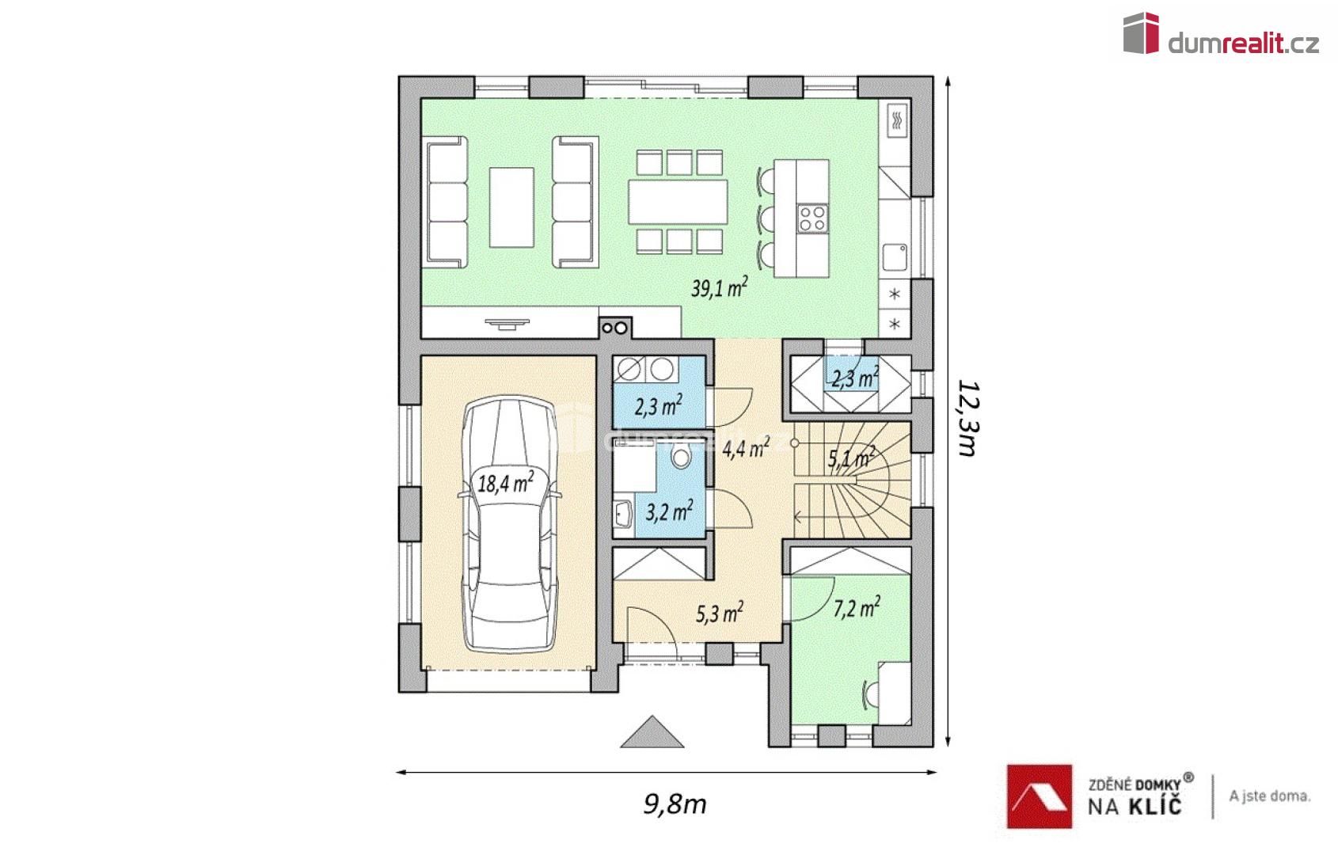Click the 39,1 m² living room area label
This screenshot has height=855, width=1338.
point(719,287)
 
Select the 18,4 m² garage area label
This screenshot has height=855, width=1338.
point(505,482)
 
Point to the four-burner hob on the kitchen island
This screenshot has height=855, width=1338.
point(812,218)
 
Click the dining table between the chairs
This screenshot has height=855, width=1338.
point(678,201)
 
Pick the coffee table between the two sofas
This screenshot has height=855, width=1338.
point(511,207)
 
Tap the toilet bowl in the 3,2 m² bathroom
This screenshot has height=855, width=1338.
point(680,457)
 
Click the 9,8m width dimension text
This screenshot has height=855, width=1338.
point(675,804)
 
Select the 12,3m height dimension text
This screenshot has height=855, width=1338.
point(967,418)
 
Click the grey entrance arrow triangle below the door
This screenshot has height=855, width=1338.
point(652,733)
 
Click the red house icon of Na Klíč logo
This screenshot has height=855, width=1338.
point(1040,796)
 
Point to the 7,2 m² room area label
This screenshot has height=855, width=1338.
point(857,608)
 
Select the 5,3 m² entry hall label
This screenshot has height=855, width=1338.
point(720,613)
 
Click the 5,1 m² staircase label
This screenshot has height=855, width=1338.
point(851,458)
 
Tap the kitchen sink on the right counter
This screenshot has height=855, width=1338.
point(894,257)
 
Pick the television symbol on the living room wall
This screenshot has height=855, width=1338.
point(507,324)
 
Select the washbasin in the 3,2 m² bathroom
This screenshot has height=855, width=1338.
point(624,515)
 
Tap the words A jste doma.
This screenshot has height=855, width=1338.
point(1269,796)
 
